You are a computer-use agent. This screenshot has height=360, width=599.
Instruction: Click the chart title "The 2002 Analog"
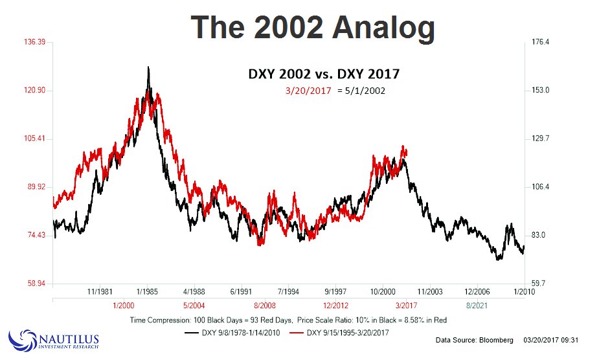pyautogui.click(x=313, y=28)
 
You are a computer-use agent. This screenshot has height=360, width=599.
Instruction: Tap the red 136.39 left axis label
pyautogui.click(x=31, y=43)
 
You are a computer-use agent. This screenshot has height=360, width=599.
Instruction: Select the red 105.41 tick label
pyautogui.click(x=31, y=139)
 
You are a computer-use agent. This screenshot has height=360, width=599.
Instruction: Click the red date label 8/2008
pyautogui.click(x=265, y=304)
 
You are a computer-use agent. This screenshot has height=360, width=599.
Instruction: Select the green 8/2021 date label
pyautogui.click(x=477, y=304)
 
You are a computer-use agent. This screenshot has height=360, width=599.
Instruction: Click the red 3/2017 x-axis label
pyautogui.click(x=405, y=304)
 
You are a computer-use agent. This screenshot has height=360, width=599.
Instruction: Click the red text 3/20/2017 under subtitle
pyautogui.click(x=308, y=91)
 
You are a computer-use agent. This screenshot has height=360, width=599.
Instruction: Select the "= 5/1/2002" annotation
pyautogui.click(x=361, y=91)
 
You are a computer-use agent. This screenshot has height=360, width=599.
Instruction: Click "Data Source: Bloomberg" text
pyautogui.click(x=474, y=340)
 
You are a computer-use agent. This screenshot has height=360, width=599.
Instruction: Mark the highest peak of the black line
pyautogui.click(x=148, y=67)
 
